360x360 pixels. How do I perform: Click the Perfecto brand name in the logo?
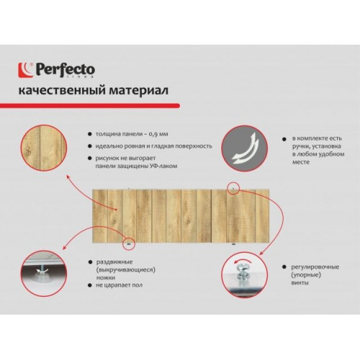click(x=66, y=69)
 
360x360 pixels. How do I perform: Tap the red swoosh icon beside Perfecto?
click(x=26, y=70)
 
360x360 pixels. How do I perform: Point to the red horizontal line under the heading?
click(x=90, y=106)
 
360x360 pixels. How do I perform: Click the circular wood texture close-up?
click(x=44, y=148)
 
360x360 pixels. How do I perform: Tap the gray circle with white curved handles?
click(x=244, y=148)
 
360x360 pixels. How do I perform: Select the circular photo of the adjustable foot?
click(x=44, y=274)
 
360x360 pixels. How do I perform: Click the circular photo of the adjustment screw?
click(x=244, y=274)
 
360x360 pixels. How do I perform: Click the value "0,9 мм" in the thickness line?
click(x=158, y=134)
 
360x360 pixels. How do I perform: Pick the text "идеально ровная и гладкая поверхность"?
click(x=153, y=146)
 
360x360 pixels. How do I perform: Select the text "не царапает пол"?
click(x=120, y=285)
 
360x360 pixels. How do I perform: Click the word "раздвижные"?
click(x=114, y=262)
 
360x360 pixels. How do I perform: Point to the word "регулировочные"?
click(x=315, y=267)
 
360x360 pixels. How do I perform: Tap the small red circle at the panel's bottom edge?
click(x=129, y=244)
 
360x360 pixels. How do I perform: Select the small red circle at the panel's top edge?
click(x=233, y=187)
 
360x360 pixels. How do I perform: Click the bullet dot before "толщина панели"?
click(x=90, y=134)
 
